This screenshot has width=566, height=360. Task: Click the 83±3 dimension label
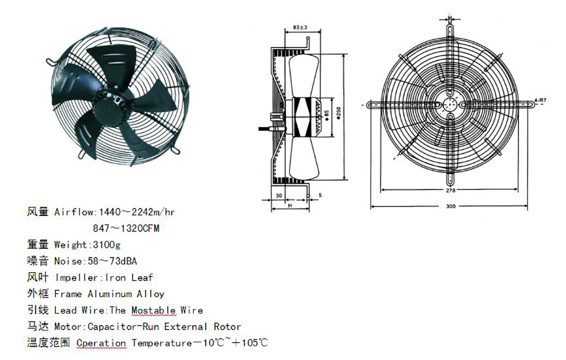(300, 27)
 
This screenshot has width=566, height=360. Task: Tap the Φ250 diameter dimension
(339, 113)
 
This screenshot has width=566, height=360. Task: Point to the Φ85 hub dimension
(327, 116)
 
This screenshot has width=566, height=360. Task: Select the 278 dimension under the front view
(450, 190)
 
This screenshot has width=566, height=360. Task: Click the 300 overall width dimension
(450, 206)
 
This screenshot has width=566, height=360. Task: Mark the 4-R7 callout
(540, 100)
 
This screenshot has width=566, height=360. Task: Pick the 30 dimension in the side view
(279, 196)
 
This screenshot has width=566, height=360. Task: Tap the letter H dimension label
(290, 205)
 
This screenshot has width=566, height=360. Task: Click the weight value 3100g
(107, 245)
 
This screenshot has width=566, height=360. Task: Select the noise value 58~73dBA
(112, 261)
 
